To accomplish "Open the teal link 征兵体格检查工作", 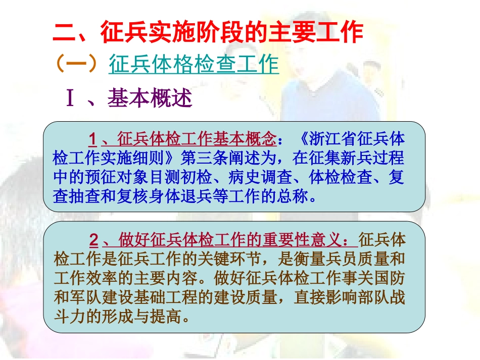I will (x=194, y=65).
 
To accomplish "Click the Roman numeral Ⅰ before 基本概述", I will (x=71, y=99).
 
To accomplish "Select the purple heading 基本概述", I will (x=150, y=99).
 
